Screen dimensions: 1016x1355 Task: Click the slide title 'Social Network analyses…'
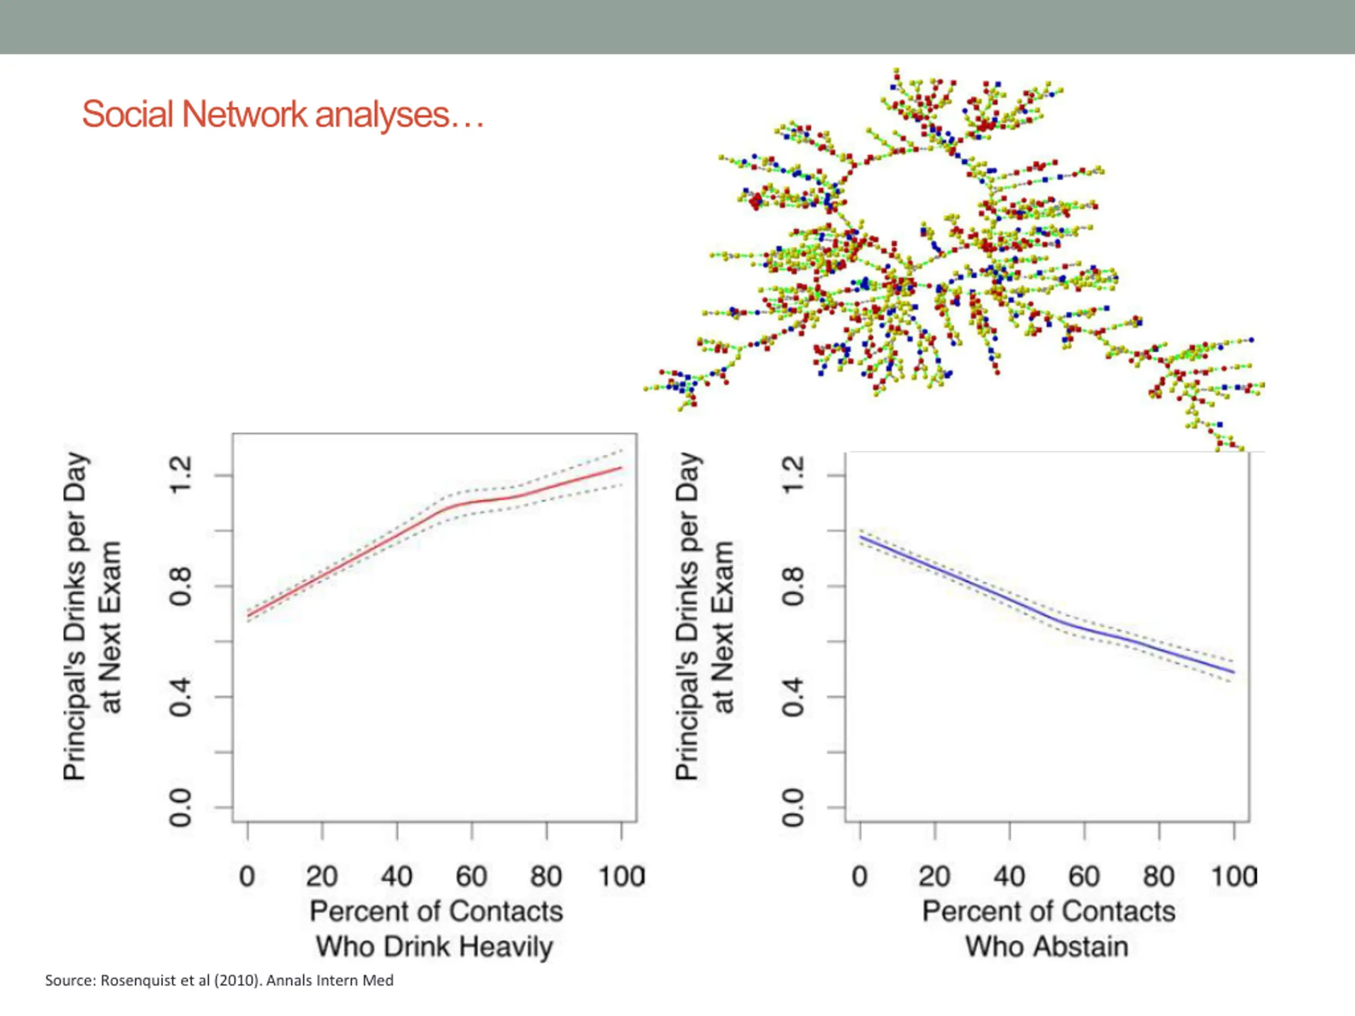point(283,114)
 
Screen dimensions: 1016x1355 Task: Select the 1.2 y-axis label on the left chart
point(180,475)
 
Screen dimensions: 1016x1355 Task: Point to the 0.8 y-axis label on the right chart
point(793,586)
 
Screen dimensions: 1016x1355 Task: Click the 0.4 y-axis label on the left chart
point(180,697)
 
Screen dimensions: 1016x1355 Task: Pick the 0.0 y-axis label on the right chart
point(793,807)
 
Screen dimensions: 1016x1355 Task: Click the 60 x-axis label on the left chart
point(471,876)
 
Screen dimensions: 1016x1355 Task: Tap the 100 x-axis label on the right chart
point(1234,876)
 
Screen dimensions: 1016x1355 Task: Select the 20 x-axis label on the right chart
point(934,876)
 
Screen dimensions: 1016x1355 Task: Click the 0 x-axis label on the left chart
point(247,876)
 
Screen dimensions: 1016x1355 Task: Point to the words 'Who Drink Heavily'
point(435,947)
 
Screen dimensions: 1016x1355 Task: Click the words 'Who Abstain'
point(1047,947)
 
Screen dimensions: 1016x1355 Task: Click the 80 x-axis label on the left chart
point(546,876)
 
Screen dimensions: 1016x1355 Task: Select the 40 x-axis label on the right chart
point(1009,876)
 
